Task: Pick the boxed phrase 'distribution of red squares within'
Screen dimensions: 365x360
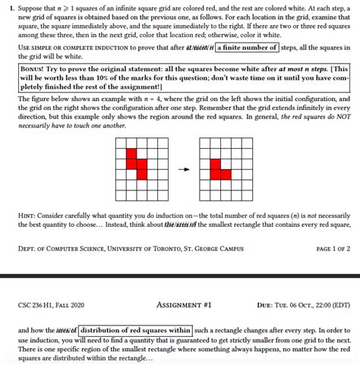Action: [x=134, y=330]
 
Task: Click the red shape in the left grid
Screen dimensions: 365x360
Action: [x=135, y=166]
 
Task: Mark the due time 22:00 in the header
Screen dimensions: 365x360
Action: [x=314, y=306]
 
